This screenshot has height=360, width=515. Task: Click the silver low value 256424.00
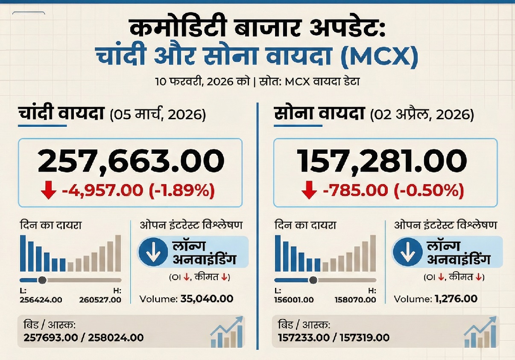[41, 300]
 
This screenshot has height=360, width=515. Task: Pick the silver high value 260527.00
[100, 300]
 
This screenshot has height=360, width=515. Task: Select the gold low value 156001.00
[294, 300]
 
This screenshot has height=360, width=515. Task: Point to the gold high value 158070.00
[355, 300]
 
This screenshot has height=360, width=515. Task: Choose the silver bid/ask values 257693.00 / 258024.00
[84, 338]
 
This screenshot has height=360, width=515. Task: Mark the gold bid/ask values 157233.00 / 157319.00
[334, 338]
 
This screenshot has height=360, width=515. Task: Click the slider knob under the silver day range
[42, 280]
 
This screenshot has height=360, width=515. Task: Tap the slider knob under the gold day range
[313, 280]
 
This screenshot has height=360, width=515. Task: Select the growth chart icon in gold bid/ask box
[480, 332]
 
